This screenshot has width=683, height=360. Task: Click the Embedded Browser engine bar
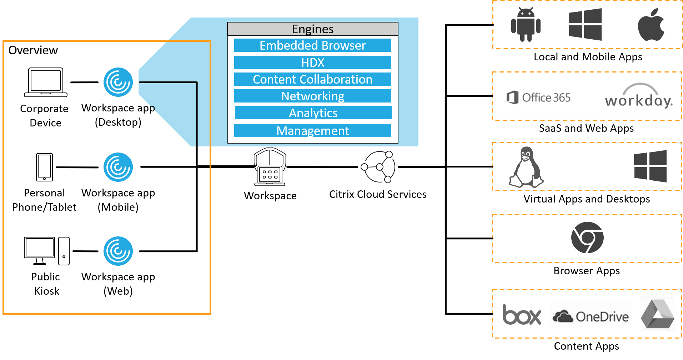pos(312,45)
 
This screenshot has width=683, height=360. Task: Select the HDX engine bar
pos(312,62)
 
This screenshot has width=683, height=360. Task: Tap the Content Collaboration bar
pos(312,79)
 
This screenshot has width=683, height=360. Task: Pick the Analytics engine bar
pos(313,113)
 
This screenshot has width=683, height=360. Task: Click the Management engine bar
pos(312,131)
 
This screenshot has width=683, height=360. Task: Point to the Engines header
pos(312,29)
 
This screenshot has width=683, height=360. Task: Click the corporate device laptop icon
pos(45,82)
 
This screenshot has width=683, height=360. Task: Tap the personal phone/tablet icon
pos(44,167)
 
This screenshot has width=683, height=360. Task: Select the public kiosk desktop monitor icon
pos(40,250)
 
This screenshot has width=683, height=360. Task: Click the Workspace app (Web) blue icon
pos(118,251)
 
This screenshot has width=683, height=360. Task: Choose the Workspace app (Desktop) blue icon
pos(118,82)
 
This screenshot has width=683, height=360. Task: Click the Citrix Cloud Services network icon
pos(378,167)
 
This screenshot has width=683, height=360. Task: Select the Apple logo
pos(651,25)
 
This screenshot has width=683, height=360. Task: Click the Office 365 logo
pos(538,97)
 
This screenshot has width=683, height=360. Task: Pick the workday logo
pos(639,94)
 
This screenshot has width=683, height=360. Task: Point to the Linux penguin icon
pos(526,167)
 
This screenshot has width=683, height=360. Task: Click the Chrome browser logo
pos(587,238)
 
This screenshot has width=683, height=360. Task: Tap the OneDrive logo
pos(591,315)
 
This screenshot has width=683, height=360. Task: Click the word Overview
pos(33,50)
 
